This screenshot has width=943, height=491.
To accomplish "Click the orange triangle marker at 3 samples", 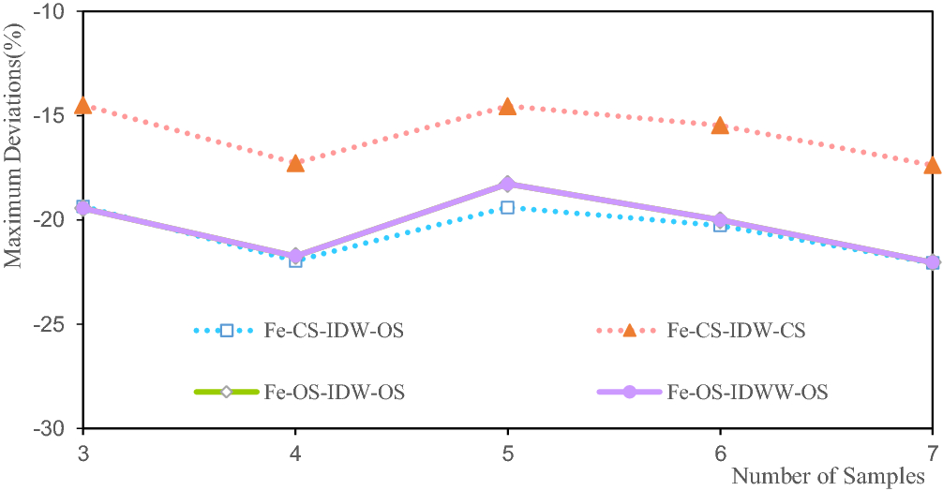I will tap(83, 105).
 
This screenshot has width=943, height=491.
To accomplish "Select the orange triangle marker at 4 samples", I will tap(295, 163).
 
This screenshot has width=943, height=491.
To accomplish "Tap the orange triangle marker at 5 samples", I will tap(507, 107).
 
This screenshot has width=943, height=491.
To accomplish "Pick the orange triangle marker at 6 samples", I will tap(720, 126).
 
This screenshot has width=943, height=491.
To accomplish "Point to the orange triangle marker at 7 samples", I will tap(932, 165).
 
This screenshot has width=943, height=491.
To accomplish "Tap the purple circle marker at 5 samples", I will tap(507, 184).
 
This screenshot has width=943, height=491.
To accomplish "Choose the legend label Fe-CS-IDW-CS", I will tap(736, 330).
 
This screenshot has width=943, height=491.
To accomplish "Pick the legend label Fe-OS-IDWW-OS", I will tap(747, 392).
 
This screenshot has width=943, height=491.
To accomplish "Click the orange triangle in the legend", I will tap(629, 330).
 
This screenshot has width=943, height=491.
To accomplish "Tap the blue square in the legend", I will tap(226, 330).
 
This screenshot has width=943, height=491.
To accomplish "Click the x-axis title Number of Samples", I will tap(827, 475).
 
